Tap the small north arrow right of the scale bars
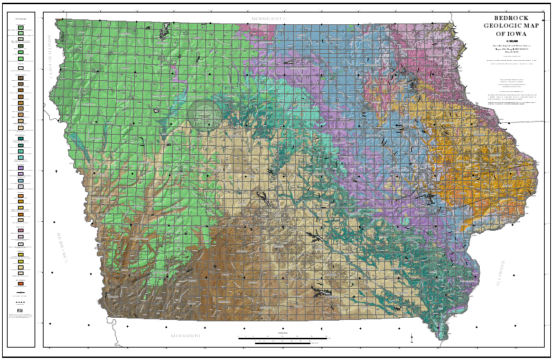[x=411, y=337]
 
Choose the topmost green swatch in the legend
[x=21, y=29]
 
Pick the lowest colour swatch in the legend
[x=21, y=284]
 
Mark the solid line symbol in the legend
[x=21, y=294]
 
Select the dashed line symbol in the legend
[x=21, y=302]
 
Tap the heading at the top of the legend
[x=21, y=19]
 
